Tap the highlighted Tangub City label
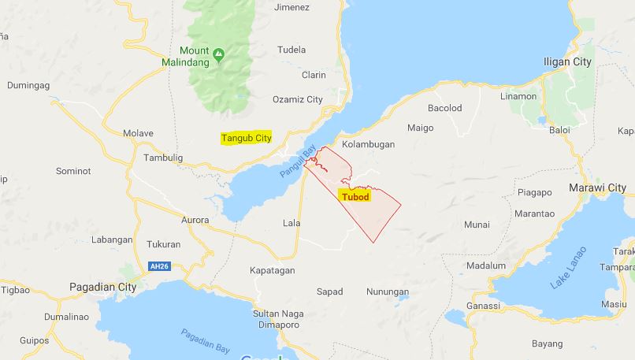coord(246,138)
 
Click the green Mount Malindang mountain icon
coord(219,54)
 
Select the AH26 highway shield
coord(159,266)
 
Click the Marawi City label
coord(597,187)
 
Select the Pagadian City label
coord(102,287)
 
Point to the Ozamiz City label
coord(297,99)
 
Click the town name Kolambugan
coord(368,145)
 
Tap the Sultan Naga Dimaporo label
coord(277,318)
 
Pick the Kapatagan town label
coord(272,270)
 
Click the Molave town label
coord(138,133)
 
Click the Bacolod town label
coord(444,108)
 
